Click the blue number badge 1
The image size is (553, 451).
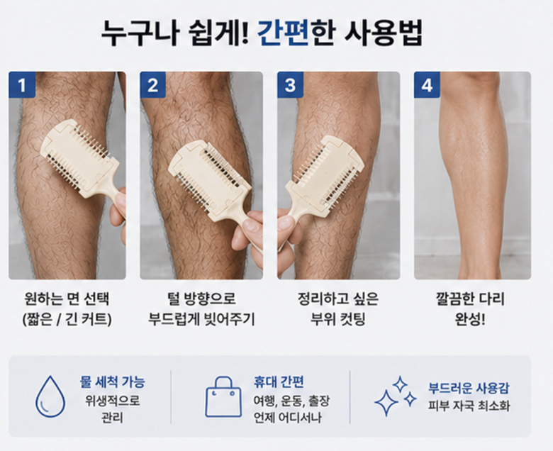coord(22,84)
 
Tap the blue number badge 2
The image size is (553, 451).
coord(152,84)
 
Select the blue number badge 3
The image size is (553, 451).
coord(290,84)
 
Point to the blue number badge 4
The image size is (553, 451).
coord(427,84)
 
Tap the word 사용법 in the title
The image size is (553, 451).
coord(383,33)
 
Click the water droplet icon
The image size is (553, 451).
coord(50,396)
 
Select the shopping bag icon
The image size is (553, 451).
coord(223,396)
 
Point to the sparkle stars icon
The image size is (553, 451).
coord(396,396)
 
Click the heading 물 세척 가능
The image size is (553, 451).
coord(112,382)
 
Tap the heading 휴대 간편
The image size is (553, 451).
coord(279,382)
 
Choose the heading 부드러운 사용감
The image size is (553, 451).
coord(469,388)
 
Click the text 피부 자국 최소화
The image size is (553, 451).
coord(469,406)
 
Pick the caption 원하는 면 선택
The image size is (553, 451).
coord(67,299)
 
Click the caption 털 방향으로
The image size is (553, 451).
coord(201,299)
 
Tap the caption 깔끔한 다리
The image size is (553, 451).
coord(470,299)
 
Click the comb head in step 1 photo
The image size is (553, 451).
coord(80,157)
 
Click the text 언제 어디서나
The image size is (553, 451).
coord(288,418)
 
